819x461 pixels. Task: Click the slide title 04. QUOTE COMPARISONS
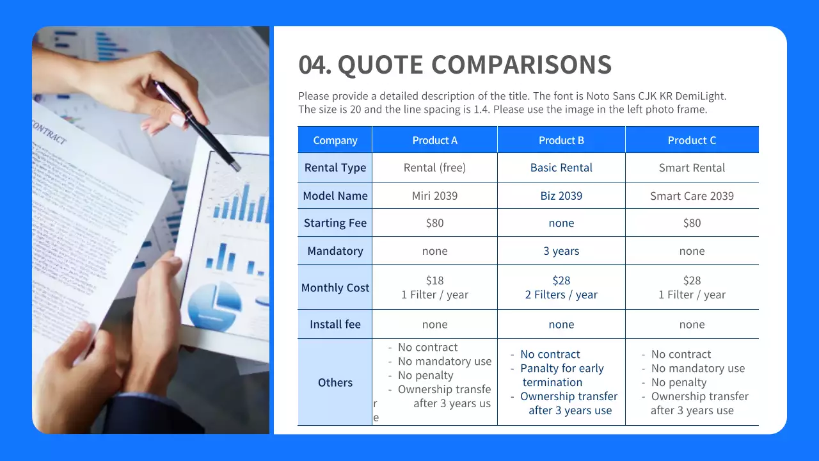(455, 65)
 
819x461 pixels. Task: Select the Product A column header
(434, 140)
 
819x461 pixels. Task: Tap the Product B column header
(561, 140)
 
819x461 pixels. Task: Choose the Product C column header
(692, 140)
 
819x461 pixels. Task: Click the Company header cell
(335, 140)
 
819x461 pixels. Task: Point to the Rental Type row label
(335, 168)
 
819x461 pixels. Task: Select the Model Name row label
(335, 196)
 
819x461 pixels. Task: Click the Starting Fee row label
(335, 223)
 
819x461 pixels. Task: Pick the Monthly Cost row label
(335, 287)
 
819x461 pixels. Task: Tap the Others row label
(335, 382)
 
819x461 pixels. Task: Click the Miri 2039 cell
(434, 196)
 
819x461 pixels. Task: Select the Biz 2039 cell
(561, 196)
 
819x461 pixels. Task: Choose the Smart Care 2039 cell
(692, 196)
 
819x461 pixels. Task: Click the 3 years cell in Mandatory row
(561, 251)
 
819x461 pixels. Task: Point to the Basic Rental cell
(561, 168)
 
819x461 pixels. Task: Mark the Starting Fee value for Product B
(561, 223)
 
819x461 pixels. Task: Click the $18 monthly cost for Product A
(434, 280)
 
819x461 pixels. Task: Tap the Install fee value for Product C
(692, 325)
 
